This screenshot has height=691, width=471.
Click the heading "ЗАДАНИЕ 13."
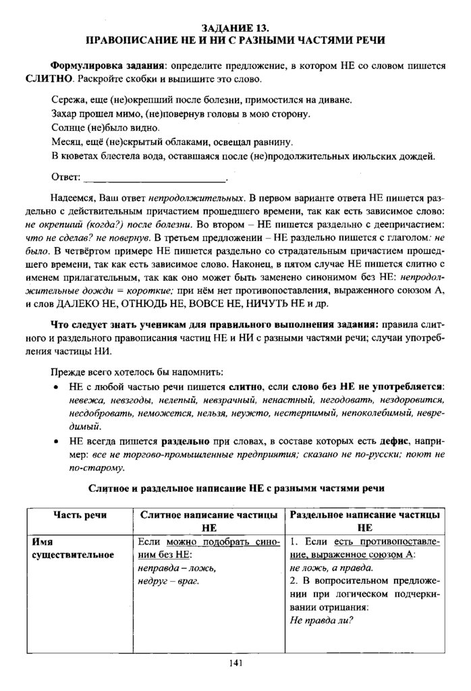click(x=235, y=28)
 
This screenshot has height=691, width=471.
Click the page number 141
click(x=235, y=663)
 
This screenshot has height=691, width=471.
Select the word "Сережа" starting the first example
click(x=69, y=99)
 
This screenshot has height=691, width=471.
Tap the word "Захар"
click(x=67, y=114)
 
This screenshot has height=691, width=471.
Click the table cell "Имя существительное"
click(x=74, y=548)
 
